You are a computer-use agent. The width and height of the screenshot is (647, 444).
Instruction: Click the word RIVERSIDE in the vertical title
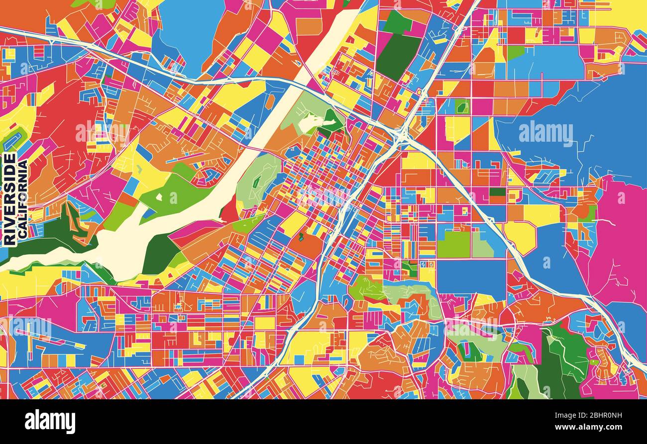tap(9, 199)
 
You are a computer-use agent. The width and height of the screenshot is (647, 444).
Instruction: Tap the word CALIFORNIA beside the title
tap(22, 199)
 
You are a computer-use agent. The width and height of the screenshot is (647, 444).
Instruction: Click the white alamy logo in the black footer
tap(50, 422)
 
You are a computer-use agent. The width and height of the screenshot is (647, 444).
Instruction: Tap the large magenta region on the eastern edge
tap(622, 239)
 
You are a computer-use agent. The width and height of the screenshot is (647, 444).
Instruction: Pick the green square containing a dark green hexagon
tap(461, 106)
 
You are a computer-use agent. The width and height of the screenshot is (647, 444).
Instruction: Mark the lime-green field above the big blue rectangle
tap(453, 244)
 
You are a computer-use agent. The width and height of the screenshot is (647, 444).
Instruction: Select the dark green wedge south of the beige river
tap(159, 254)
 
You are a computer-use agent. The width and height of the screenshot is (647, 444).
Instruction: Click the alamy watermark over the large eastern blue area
tap(545, 133)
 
